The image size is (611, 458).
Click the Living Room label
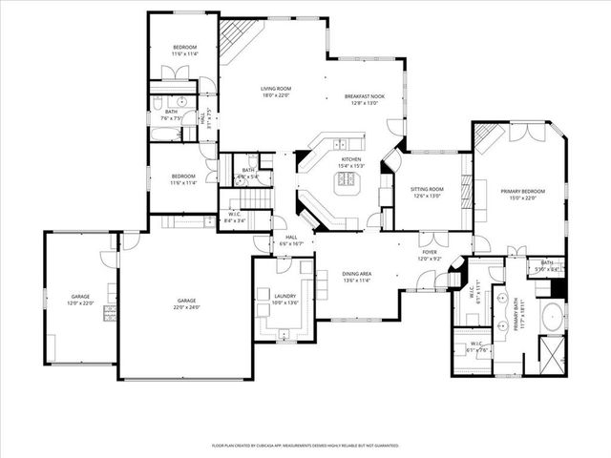[x=275, y=90]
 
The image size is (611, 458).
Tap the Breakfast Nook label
[x=364, y=96]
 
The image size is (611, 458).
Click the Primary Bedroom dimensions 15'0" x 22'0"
[x=519, y=198]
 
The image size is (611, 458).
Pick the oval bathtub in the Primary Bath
[x=552, y=318]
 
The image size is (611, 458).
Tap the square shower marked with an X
[x=551, y=356]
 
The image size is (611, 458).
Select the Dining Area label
[x=357, y=275]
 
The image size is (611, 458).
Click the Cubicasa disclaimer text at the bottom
[x=305, y=445]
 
